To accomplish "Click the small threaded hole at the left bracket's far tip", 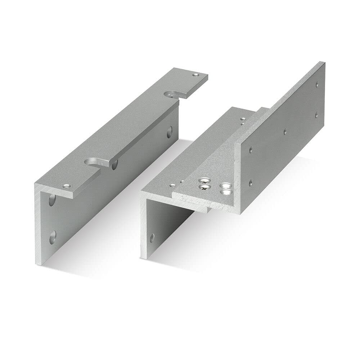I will pyautogui.click(x=195, y=75).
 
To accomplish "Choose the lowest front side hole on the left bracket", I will pyautogui.click(x=53, y=236).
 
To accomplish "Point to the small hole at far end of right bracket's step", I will pyautogui.click(x=243, y=118).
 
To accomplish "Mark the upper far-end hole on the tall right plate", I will pyautogui.click(x=316, y=85).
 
